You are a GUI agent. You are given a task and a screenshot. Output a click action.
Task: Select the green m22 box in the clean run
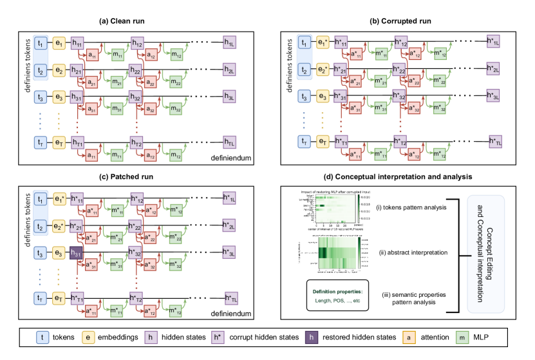pyautogui.click(x=176, y=82)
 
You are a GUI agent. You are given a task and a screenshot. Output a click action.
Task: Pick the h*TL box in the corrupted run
pyautogui.click(x=496, y=142)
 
